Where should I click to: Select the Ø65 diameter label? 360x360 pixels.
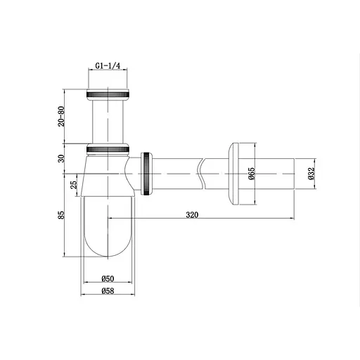pos(251,174)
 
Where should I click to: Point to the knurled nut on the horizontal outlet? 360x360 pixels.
pos(147,173)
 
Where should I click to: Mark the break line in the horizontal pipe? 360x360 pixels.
pos(203,173)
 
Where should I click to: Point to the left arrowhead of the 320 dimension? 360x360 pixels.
pos(110,219)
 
